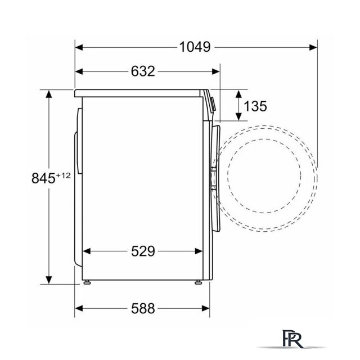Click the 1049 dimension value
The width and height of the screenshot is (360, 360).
195,47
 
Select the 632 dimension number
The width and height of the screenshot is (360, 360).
143,71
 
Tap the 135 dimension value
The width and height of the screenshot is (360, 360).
255,106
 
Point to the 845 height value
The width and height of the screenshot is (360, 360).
43,178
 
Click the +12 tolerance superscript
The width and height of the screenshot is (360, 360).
63,175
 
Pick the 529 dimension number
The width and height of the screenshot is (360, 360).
143,251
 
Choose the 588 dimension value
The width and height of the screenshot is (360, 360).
143,308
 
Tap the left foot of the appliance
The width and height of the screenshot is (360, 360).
87,282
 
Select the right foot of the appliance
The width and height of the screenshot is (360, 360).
199,282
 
